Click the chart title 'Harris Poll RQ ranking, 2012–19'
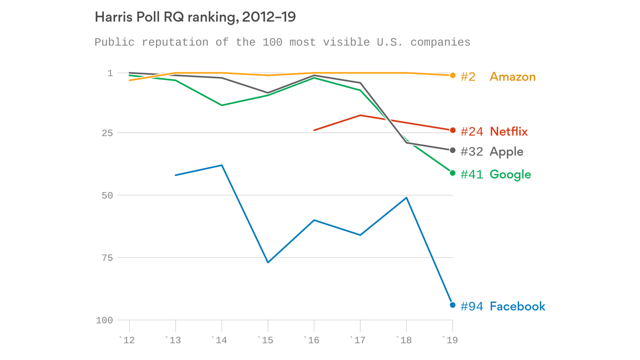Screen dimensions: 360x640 (x=195, y=17)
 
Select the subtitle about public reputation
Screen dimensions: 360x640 (x=282, y=42)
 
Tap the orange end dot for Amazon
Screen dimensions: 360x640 (x=453, y=75)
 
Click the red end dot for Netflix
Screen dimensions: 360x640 (x=453, y=130)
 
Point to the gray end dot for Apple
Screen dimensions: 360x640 (x=453, y=150)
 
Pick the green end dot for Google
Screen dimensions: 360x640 (x=453, y=173)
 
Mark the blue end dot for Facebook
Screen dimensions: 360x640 (x=453, y=305)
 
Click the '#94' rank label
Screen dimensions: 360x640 (x=471, y=307)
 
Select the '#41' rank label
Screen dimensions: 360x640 (x=471, y=174)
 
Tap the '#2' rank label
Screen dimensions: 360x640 (x=468, y=77)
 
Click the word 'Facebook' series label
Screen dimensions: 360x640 (x=517, y=307)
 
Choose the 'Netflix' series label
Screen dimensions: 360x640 (x=508, y=132)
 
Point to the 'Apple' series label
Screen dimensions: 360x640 (x=506, y=152)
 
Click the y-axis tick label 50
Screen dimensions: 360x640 (x=107, y=195)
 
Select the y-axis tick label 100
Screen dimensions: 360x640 (x=104, y=321)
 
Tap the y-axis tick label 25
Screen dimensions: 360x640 (x=107, y=133)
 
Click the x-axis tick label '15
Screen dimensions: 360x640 (x=266, y=340)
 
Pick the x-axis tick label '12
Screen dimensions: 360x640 (x=127, y=340)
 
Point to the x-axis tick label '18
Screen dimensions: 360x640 (x=405, y=340)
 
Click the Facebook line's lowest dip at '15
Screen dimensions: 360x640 (x=268, y=262)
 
